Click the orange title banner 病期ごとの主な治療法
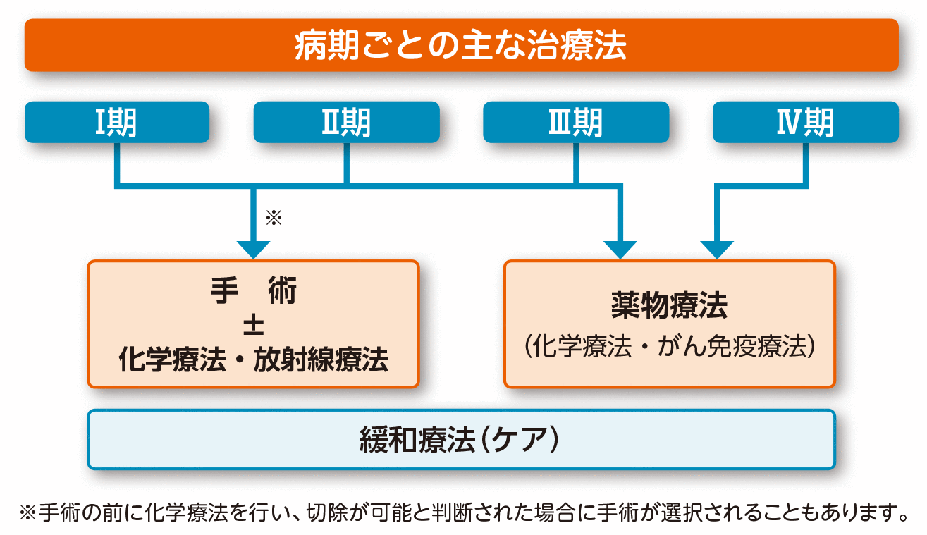[462, 45]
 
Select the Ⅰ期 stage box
[117, 123]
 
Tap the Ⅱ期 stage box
[346, 123]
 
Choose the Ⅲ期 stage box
[576, 123]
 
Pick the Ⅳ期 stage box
[806, 123]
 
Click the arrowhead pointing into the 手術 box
[253, 249]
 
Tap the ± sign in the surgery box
[253, 325]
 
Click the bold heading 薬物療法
[669, 307]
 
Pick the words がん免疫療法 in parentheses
[730, 347]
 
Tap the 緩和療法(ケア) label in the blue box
[462, 440]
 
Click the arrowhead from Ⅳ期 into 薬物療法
[717, 249]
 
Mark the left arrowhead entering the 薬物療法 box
[620, 249]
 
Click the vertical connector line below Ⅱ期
[346, 164]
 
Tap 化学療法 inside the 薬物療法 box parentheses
[578, 347]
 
